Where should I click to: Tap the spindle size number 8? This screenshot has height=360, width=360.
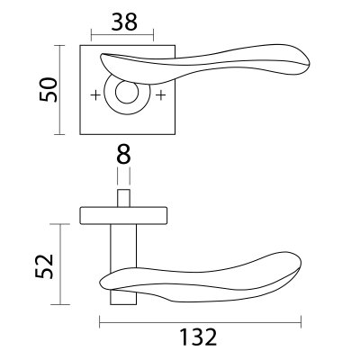tap(124, 154)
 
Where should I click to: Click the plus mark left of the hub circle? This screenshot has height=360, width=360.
tap(95, 94)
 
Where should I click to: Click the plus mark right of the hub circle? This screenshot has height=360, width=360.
tap(160, 94)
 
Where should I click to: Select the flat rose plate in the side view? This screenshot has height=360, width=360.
tap(124, 213)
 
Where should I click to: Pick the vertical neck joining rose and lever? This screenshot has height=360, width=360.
tap(124, 247)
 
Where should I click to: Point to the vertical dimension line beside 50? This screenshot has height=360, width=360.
tap(60, 90)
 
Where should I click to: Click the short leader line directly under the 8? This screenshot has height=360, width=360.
tap(124, 176)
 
